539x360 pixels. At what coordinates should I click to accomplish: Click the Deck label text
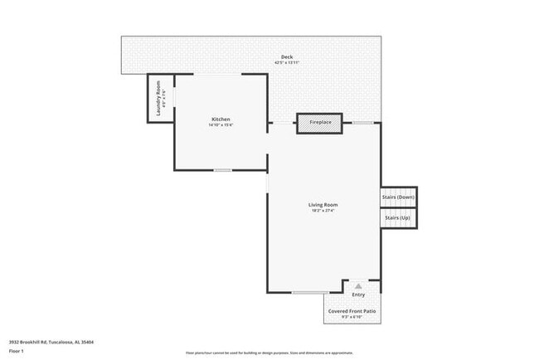tap(287, 57)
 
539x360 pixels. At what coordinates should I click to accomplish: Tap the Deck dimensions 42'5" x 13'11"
tap(287, 63)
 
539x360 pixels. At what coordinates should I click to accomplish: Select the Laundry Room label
tap(158, 99)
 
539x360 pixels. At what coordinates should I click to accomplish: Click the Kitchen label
tap(221, 119)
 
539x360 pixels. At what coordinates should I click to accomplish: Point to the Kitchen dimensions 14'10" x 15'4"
tap(221, 125)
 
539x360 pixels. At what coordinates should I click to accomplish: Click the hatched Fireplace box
tap(320, 123)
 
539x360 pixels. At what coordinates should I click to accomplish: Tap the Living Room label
tap(323, 204)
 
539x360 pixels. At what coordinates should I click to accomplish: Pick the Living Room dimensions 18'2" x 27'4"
tap(323, 210)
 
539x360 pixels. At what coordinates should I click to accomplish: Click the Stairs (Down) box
tap(398, 197)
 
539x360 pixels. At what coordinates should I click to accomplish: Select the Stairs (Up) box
tap(398, 217)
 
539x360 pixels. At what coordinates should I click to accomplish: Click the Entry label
tap(358, 294)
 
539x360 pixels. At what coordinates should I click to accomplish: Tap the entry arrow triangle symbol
tap(358, 285)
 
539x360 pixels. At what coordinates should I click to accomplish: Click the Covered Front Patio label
tap(352, 310)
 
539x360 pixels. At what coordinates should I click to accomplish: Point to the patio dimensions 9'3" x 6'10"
tap(352, 316)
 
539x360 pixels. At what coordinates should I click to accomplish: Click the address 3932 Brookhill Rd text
tap(51, 341)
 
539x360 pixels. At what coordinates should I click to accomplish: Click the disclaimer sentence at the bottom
tap(269, 352)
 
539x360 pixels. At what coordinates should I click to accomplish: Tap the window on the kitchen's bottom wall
tap(222, 170)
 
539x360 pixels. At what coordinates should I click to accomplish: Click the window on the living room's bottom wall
tap(308, 292)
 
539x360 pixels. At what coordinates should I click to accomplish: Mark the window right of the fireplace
tap(363, 123)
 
